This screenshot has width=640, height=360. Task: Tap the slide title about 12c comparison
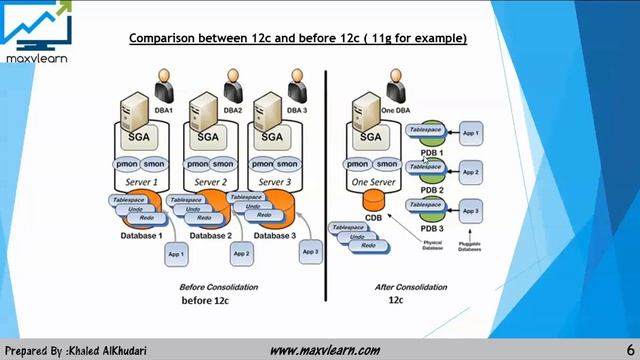299,38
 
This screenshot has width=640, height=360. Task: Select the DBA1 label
164,110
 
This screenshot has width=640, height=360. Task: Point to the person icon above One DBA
395,80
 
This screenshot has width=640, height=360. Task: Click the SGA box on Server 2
208,137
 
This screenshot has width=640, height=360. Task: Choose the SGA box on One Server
371,137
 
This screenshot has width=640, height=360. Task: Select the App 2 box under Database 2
240,254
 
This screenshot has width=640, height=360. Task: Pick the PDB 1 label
432,152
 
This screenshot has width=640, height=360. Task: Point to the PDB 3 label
432,227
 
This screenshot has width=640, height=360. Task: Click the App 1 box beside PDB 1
470,133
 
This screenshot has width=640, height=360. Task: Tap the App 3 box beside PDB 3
471,211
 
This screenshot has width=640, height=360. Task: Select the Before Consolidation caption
219,287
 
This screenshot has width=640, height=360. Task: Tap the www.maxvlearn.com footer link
325,350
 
